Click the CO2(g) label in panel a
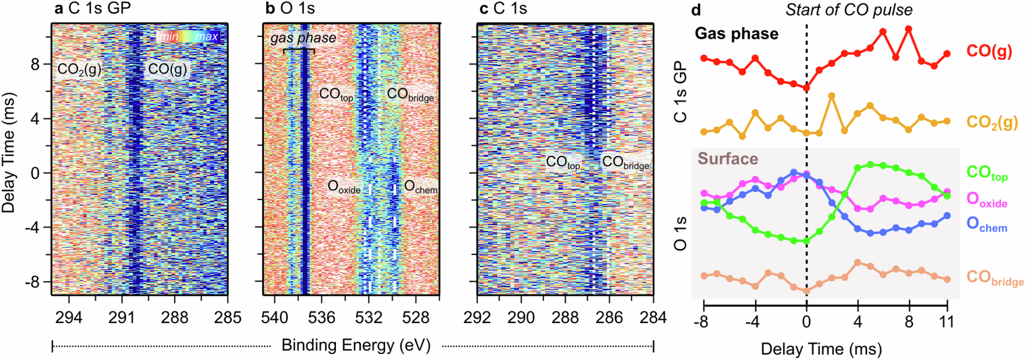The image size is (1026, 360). [79, 70]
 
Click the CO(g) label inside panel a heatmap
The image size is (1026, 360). [167, 69]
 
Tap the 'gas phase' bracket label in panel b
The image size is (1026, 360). [303, 39]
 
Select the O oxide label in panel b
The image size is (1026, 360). [344, 187]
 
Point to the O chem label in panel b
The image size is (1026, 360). [420, 187]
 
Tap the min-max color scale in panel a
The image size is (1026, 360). [189, 37]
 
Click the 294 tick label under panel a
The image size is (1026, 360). [69, 318]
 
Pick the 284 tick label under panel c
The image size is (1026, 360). [653, 318]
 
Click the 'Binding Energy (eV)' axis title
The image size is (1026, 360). [356, 345]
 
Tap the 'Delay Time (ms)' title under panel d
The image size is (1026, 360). [821, 349]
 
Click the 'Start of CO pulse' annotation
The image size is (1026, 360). [848, 10]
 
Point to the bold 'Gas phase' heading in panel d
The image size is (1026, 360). [736, 34]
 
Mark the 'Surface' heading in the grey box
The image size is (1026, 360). [728, 159]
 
